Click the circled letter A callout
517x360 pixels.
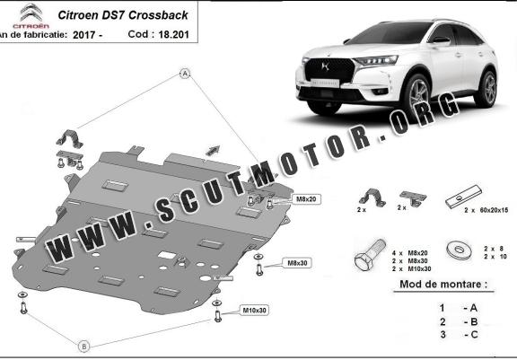coord(185,74)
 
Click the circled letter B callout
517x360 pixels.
coord(84,347)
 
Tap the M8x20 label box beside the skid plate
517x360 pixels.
coord(306,199)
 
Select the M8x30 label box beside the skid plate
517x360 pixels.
coord(297,263)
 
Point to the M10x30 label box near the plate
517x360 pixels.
coord(254,311)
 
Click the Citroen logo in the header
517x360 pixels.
coord(31,15)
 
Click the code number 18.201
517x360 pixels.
coord(173,34)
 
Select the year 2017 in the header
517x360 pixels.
coord(84,35)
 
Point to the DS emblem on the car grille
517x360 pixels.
coord(325,66)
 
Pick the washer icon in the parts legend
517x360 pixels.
coord(459,250)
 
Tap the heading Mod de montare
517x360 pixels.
coord(443,285)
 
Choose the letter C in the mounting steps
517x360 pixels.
coord(474,335)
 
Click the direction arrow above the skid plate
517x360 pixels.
coord(213,150)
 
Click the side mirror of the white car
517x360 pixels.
coord(441,41)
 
